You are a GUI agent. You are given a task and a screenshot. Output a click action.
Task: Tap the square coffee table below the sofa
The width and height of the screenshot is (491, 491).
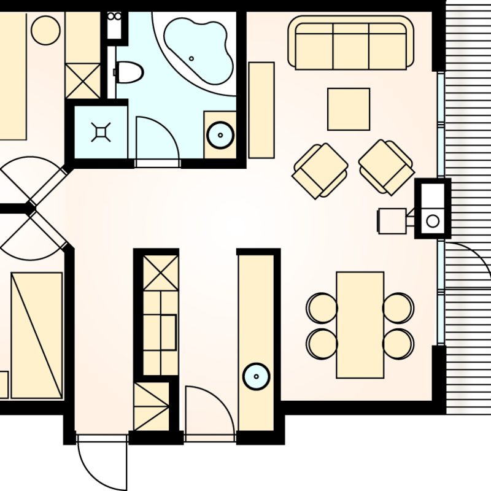[x=349, y=109]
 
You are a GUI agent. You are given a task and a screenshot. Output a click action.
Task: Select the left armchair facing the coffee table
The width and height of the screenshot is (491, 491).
[x=320, y=171]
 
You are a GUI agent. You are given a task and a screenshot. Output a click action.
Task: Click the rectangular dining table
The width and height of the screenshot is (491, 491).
[x=360, y=325]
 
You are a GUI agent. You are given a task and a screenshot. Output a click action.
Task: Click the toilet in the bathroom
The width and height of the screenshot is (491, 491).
[x=130, y=72]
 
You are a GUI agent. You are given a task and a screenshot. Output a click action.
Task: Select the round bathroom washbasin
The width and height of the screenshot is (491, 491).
[x=220, y=135]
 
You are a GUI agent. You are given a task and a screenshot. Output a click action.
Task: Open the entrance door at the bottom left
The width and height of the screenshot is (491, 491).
[x=101, y=463]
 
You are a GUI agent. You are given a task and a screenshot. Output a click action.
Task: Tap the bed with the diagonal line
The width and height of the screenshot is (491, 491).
[x=37, y=335]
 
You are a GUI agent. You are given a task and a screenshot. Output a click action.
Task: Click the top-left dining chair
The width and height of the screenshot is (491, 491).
[x=322, y=307]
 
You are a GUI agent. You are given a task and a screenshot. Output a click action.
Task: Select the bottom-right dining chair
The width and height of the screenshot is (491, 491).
[x=399, y=344]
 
